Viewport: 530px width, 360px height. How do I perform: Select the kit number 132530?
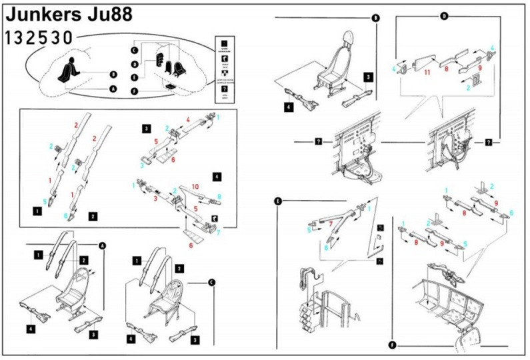tap(38, 37)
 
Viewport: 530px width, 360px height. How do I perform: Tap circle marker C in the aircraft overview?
tap(134, 51)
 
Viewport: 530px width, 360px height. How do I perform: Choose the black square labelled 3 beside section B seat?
tap(368, 77)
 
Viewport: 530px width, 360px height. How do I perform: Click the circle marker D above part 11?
tap(444, 16)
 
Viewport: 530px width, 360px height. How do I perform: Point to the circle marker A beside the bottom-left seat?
tap(103, 245)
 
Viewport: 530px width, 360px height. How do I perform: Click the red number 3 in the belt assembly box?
tap(155, 198)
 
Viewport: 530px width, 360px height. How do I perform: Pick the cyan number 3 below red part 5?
tap(141, 165)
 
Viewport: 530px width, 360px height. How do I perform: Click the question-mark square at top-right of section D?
tap(489, 142)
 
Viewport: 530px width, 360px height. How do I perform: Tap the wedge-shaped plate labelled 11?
tap(421, 63)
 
